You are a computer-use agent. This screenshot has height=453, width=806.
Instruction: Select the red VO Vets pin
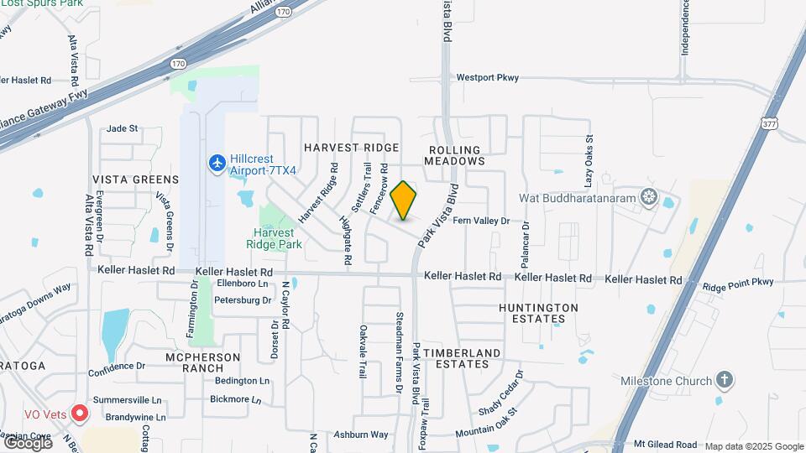[80, 413]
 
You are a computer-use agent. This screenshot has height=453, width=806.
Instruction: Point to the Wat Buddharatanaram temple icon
[648, 197]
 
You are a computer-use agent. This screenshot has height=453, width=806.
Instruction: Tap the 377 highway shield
[769, 123]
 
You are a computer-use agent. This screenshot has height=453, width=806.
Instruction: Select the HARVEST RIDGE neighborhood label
[351, 148]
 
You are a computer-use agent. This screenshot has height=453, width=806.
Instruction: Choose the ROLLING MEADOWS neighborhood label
[453, 155]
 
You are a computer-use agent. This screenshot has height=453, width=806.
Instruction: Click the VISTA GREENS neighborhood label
[135, 180]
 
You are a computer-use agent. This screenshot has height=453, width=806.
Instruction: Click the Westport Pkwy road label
[487, 77]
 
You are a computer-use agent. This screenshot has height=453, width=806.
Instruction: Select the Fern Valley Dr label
[481, 221]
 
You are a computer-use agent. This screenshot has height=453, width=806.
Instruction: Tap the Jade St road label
[122, 128]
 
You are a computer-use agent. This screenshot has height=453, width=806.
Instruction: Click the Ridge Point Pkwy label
[737, 284]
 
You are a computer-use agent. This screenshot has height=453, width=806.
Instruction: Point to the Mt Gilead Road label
[665, 444]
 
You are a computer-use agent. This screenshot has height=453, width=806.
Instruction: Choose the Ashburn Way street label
[361, 435]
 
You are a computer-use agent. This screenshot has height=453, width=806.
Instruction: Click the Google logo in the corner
[27, 441]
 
